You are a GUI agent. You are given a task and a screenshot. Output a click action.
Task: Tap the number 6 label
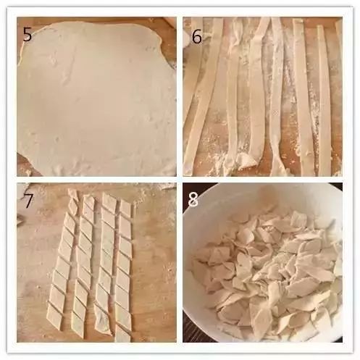tap(197, 36)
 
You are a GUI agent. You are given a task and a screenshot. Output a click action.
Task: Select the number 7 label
tap(28, 200)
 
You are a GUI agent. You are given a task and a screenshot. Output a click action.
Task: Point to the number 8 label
tap(193, 200)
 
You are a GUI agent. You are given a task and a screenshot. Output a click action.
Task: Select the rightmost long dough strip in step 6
tap(325, 101)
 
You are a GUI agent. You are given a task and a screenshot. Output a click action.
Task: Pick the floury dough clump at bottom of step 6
tap(244, 162)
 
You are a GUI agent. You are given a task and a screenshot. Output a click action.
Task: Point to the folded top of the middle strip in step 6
tap(263, 28)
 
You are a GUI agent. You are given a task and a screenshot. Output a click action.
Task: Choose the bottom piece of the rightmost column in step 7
tap(122, 334)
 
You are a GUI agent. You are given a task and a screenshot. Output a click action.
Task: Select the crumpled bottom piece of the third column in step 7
tap(103, 321)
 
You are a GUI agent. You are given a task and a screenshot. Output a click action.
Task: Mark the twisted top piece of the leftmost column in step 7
tap(73, 201)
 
